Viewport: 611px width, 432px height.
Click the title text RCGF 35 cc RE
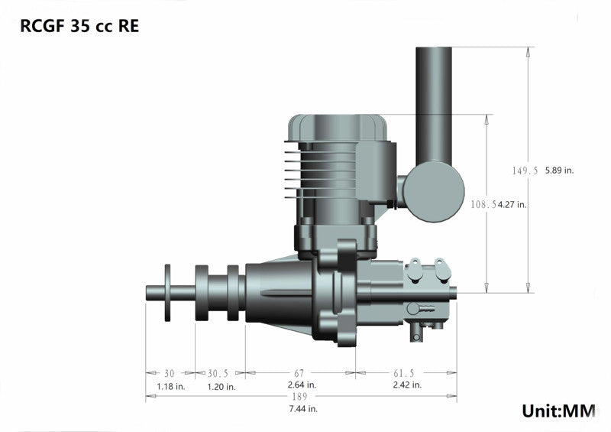click(x=79, y=24)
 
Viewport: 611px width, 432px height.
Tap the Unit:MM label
click(x=558, y=411)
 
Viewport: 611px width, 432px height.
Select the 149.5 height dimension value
click(x=525, y=171)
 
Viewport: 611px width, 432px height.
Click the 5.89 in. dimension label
click(x=559, y=171)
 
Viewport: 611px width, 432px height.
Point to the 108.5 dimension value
click(x=483, y=204)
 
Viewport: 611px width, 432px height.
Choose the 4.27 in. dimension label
click(x=512, y=204)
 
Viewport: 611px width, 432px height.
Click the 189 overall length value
click(x=300, y=398)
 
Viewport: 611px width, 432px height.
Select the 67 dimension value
click(x=299, y=373)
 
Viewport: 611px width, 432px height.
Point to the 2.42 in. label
click(x=406, y=385)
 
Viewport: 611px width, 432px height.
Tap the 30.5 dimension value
click(x=218, y=373)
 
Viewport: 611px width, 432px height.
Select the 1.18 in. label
click(x=170, y=385)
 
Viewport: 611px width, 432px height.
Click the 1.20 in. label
click(x=221, y=385)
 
